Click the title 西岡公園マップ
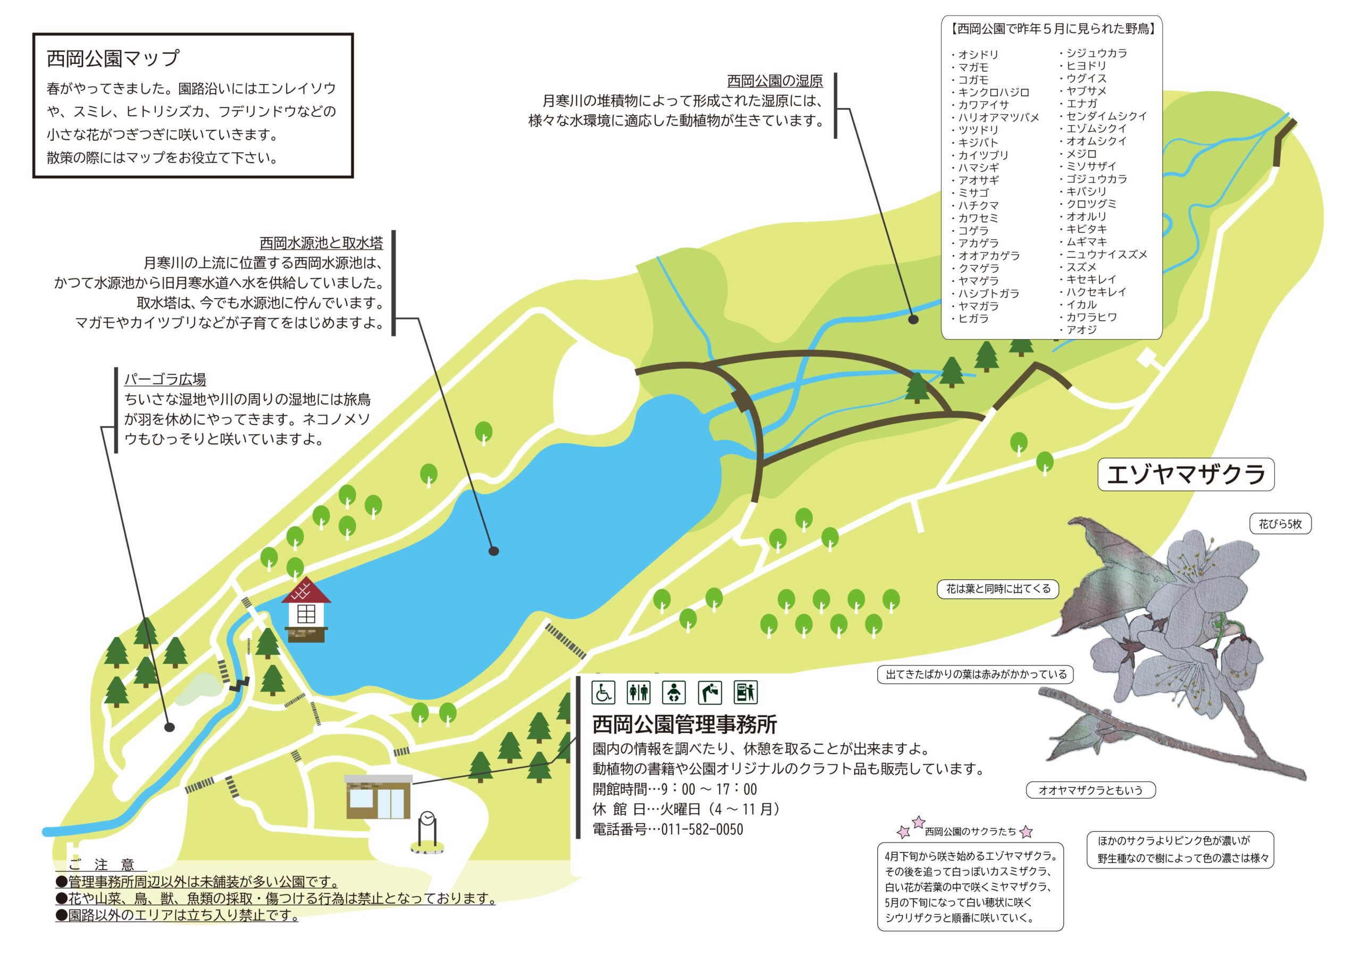coord(113,58)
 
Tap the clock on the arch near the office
coord(427,819)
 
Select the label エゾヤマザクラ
coord(1186,474)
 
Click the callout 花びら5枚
coord(1280,524)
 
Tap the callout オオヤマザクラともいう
coord(1091,790)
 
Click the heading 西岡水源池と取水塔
coord(321,243)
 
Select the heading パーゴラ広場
coord(165,379)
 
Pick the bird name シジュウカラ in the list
coord(1097,53)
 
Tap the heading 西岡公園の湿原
coord(775,81)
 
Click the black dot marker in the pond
coord(493,551)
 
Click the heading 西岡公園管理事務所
coord(685,724)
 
